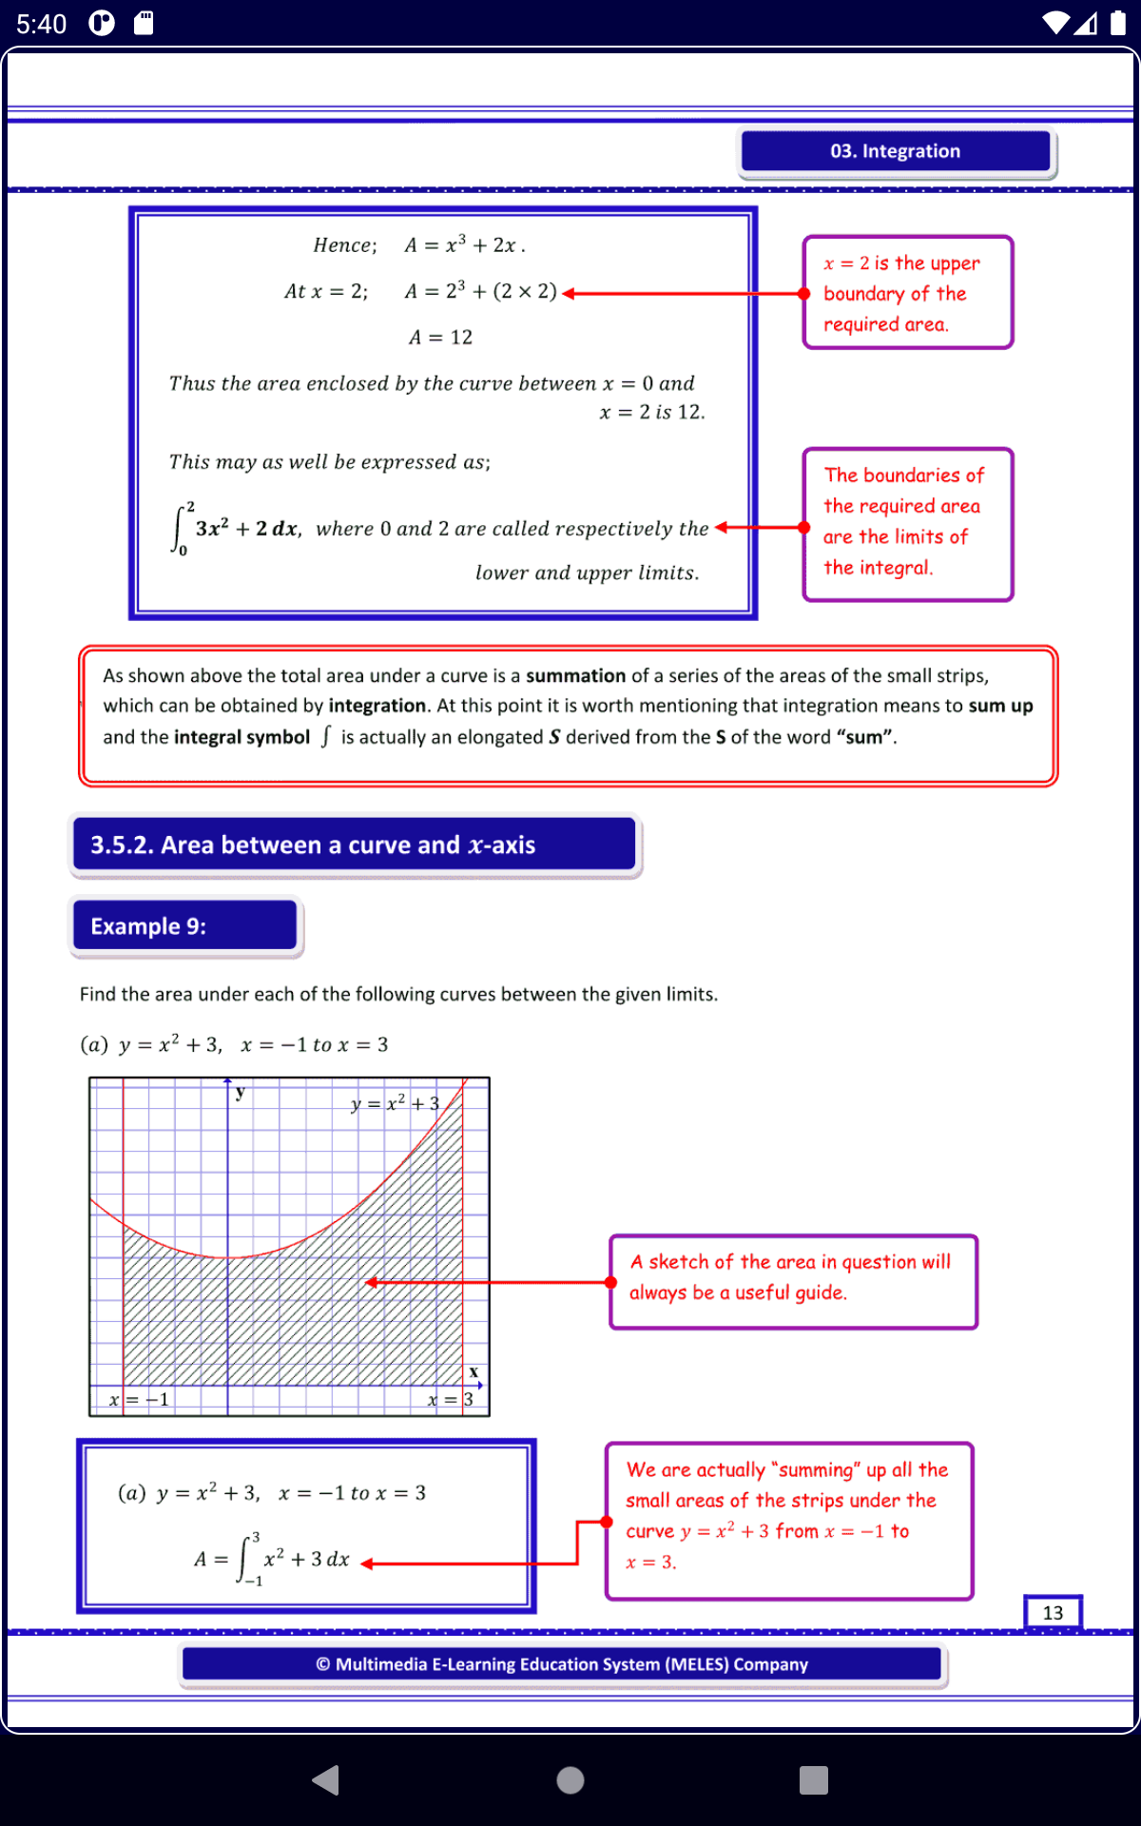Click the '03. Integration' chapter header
(896, 151)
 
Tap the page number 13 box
(1053, 1613)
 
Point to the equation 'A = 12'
(440, 338)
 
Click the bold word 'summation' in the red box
(575, 676)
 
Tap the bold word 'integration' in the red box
(377, 706)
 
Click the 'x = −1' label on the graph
(139, 1400)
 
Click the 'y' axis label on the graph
(241, 1093)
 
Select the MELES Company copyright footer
(562, 1664)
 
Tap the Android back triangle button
(326, 1779)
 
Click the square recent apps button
(814, 1779)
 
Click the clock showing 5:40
(42, 24)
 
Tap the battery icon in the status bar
(1118, 23)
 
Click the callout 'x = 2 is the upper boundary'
(908, 293)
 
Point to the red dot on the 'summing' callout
(607, 1523)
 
